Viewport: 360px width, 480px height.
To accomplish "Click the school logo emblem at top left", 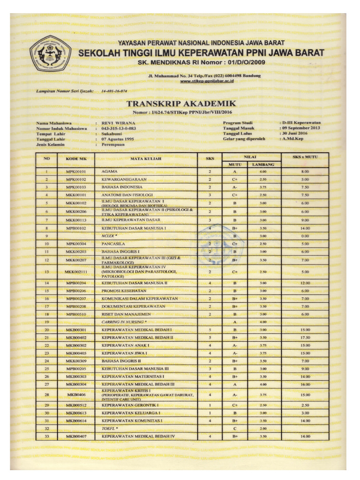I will (50, 52).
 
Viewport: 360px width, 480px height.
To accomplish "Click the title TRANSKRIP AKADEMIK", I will (181, 103).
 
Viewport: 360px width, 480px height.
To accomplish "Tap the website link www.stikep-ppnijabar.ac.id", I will (207, 81).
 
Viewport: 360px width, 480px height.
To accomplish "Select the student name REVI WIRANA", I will (118, 123).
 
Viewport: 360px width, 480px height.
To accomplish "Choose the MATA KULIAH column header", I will (146, 159).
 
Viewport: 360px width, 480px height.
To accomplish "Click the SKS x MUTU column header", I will (305, 157).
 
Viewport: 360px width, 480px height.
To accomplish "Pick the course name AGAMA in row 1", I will (109, 172).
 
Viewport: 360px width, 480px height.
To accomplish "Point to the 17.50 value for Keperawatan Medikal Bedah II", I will (305, 337).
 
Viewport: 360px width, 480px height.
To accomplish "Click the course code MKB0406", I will (76, 395).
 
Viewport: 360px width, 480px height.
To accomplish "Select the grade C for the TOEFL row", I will (235, 428).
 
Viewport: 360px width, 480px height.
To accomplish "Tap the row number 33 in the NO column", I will (46, 436).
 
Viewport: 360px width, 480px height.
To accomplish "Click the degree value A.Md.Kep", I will (292, 139).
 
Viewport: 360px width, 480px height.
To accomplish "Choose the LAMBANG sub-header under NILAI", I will (262, 165).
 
